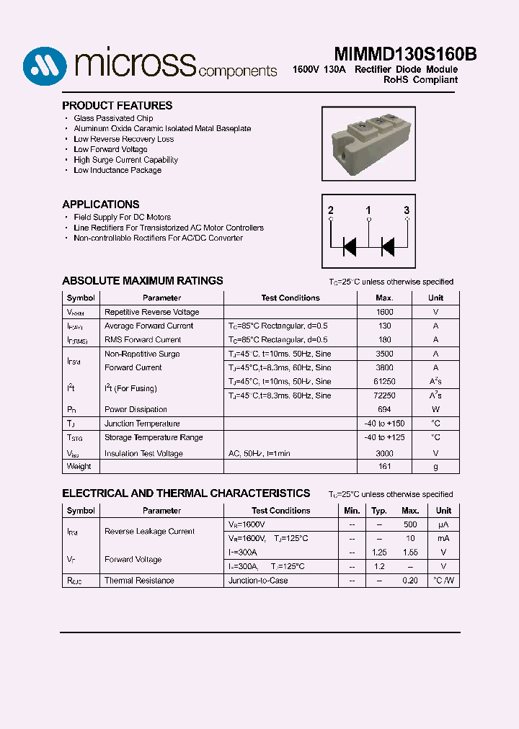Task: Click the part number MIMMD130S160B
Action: tap(405, 55)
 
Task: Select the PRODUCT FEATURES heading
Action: tap(117, 105)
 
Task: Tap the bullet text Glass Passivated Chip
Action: tap(113, 118)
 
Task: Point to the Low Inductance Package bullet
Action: tap(117, 171)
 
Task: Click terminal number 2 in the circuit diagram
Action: tap(331, 210)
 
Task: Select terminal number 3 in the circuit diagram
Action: tap(407, 210)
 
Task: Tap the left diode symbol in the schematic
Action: tap(350, 247)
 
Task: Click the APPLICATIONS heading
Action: tap(101, 205)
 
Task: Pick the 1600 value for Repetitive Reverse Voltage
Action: tap(384, 312)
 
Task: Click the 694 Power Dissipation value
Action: tap(384, 409)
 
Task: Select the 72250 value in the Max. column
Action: tap(384, 395)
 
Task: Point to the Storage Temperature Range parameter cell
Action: tap(154, 437)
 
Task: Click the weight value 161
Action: tap(384, 467)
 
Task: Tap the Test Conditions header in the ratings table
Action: tap(290, 298)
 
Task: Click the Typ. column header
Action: tap(379, 511)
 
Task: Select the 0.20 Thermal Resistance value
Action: tap(410, 581)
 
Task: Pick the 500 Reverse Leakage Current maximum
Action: tap(410, 524)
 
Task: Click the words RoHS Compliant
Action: tap(420, 80)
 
